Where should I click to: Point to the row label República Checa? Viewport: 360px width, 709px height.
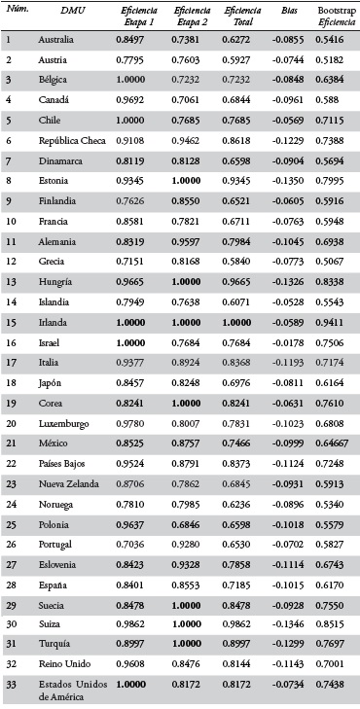coord(70,140)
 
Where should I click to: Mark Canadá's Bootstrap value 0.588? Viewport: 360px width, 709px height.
coord(328,100)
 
